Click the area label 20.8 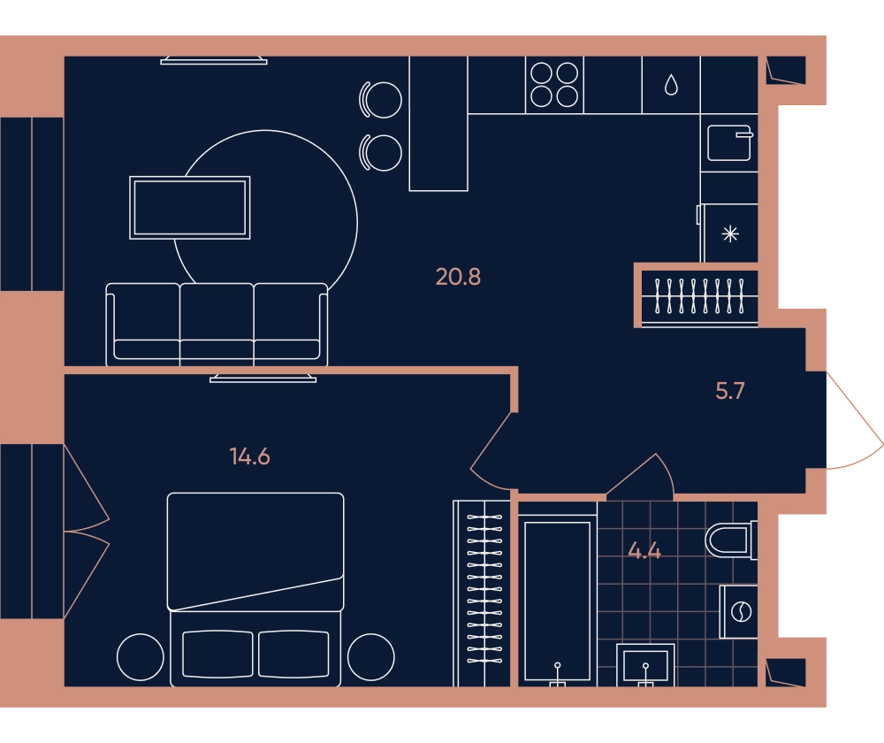coord(458,277)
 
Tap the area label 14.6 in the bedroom coord(250,456)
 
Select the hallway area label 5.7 coord(730,391)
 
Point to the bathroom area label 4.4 coord(644,550)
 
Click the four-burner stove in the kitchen coord(554,85)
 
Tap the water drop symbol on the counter coord(671,85)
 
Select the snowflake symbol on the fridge coord(730,234)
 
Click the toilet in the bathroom coord(731,540)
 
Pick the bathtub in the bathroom coord(558,601)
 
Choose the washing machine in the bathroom coord(738,611)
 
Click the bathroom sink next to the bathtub coord(645,665)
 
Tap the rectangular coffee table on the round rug coord(190,208)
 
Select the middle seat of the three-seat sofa coord(217,325)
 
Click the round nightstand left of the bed coord(141,656)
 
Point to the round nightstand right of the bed coord(371,656)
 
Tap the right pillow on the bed coord(293,654)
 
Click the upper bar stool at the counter coord(381,100)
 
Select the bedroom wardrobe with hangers coord(482,594)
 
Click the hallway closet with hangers coord(699,295)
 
